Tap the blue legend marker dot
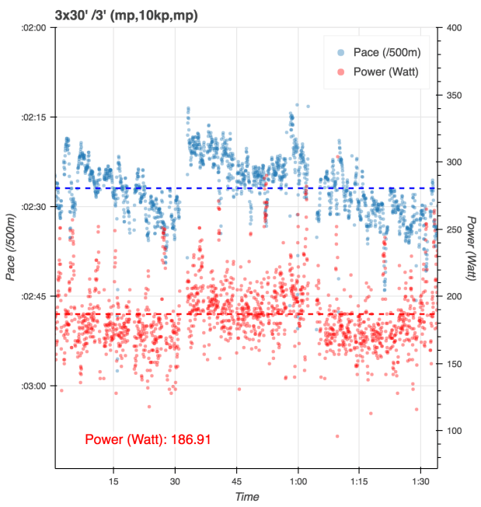pos(340,53)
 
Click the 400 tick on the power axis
pos(455,27)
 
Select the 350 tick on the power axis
pos(455,95)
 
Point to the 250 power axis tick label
pos(455,229)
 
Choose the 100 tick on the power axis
pos(455,431)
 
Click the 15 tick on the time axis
pos(113,481)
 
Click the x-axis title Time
pos(246,496)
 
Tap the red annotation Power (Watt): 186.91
pos(148,439)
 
